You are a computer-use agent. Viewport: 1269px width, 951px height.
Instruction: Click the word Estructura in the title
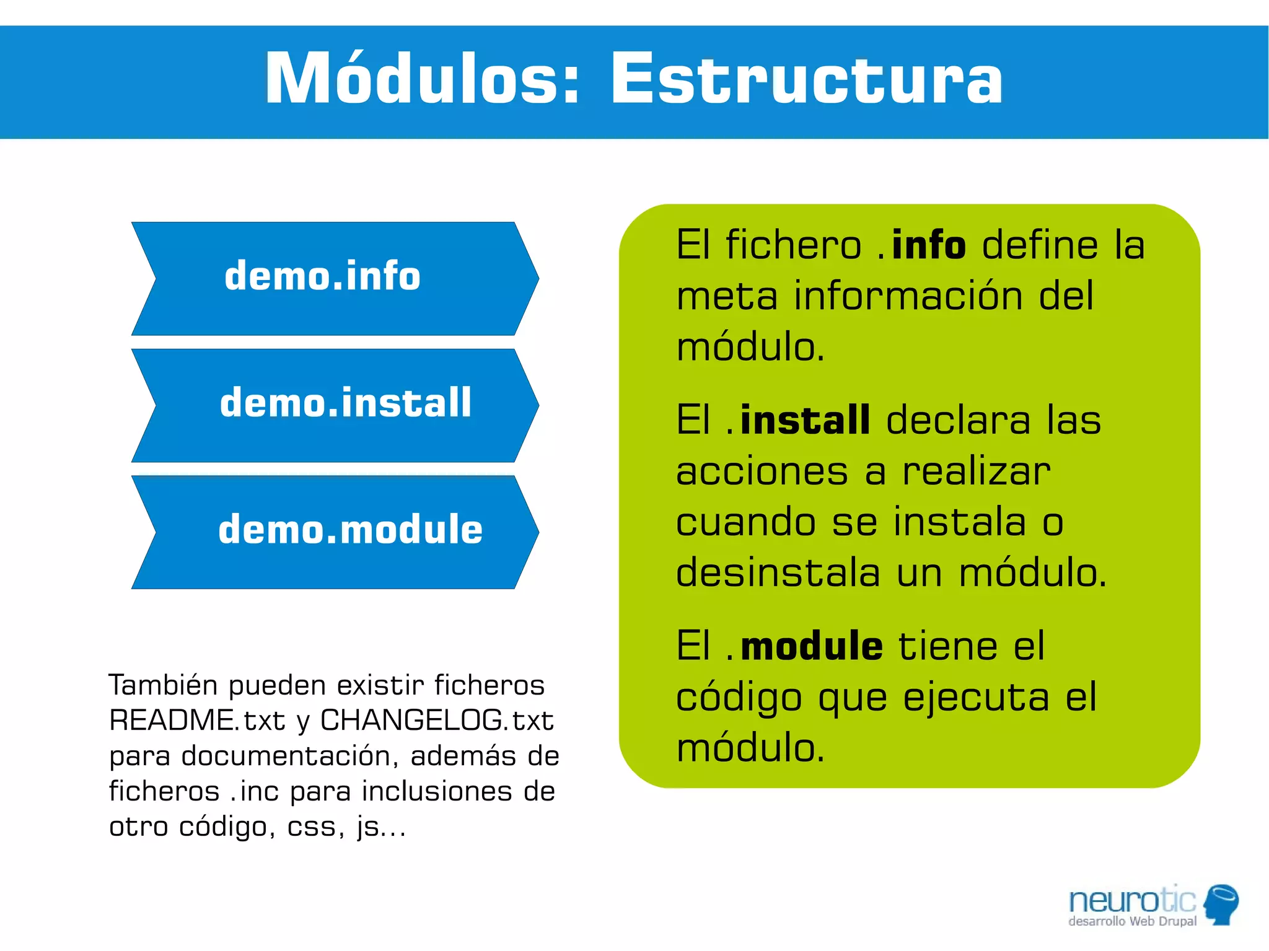(806, 79)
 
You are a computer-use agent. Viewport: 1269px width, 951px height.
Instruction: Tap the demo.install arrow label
(346, 403)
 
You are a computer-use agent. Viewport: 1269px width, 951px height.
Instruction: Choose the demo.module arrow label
(350, 530)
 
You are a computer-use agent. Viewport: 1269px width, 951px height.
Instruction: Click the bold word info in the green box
(928, 245)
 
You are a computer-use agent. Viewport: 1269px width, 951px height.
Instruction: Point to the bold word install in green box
(805, 420)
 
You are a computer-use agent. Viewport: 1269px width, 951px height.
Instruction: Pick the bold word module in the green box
(812, 646)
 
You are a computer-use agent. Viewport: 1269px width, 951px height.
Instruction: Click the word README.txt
(197, 721)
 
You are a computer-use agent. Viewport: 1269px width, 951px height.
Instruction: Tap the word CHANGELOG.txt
(436, 721)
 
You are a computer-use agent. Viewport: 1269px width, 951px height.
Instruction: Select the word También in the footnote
(164, 685)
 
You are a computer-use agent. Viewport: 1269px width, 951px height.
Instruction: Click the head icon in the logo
(1221, 904)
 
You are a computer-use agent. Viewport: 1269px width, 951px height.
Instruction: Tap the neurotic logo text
(1131, 900)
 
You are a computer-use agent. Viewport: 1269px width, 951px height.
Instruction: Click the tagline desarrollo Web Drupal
(1132, 921)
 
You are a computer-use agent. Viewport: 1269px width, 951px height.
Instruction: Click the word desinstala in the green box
(778, 572)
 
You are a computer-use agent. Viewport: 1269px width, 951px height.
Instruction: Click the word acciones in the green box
(762, 471)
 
